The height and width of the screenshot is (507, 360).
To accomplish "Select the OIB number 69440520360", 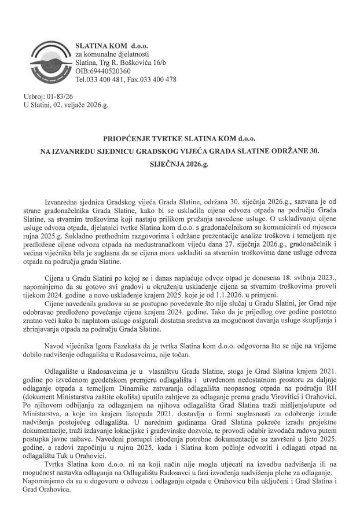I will click(110, 71).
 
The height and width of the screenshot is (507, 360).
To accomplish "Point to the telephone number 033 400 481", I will click(109, 80).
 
